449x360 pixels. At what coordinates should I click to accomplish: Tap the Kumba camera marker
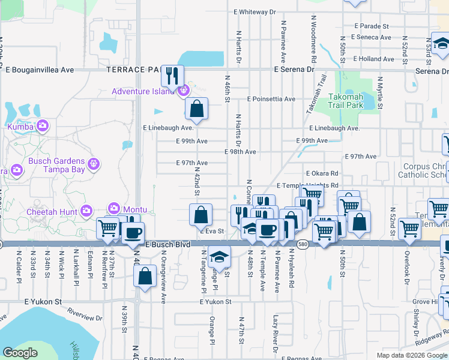click(43, 126)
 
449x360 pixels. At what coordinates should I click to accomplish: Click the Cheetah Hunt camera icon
click(87, 211)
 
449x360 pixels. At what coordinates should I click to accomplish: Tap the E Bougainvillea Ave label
click(41, 70)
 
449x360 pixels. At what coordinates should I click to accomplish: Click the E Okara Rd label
click(322, 173)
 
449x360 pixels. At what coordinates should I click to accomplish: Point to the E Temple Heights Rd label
click(307, 185)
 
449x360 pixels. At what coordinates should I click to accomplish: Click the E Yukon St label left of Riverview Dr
click(43, 302)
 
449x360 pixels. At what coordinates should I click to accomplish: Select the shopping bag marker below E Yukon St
click(145, 277)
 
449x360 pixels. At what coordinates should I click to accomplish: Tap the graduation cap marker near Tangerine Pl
click(219, 256)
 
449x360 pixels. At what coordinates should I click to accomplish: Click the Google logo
click(20, 353)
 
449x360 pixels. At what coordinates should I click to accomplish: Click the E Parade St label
click(372, 26)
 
